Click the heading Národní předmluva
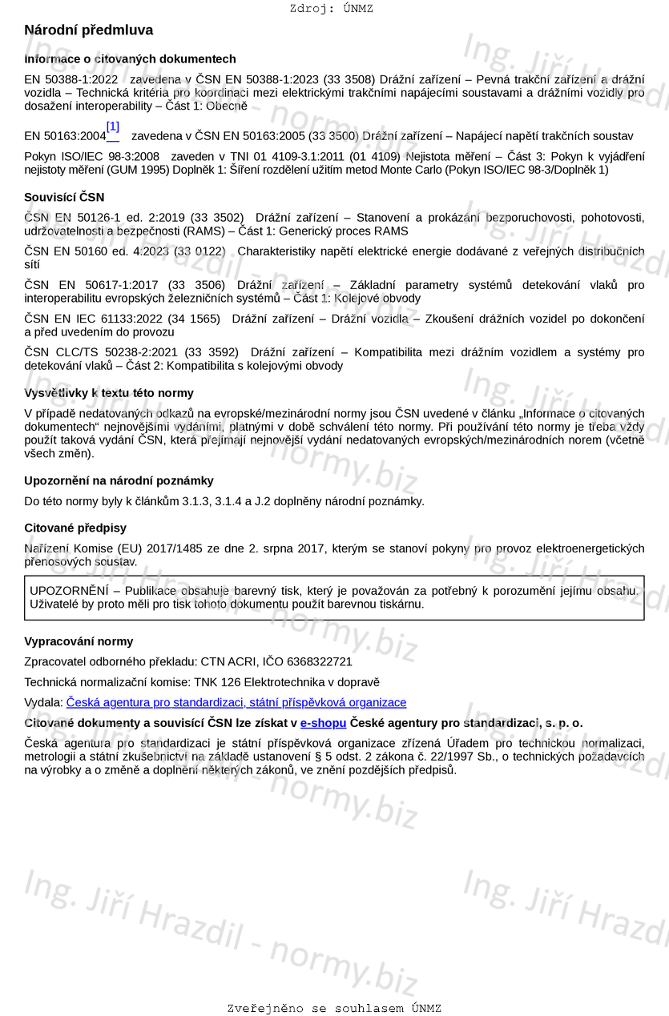tap(88, 30)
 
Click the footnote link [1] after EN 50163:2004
tap(112, 127)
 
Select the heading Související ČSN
tap(64, 197)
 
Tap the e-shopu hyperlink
tap(323, 723)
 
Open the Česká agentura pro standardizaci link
tap(236, 703)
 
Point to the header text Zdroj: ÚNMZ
tap(331, 9)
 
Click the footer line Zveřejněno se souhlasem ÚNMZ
tap(334, 1009)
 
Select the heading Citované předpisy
tap(75, 528)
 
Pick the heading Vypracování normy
tap(79, 642)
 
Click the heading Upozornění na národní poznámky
tap(119, 481)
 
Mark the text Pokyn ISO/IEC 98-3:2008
tap(91, 156)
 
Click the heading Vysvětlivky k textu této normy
tap(109, 393)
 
